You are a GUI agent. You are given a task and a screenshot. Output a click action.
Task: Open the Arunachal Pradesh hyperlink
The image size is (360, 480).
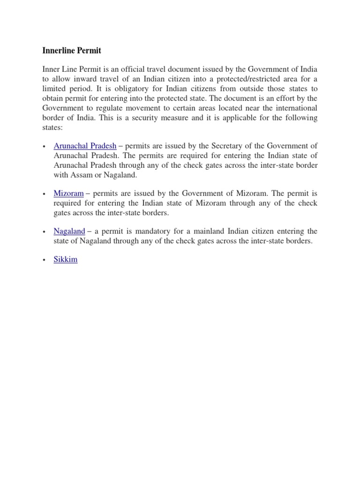pyautogui.click(x=85, y=146)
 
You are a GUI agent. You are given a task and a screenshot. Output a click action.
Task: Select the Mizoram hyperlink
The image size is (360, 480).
pyautogui.click(x=68, y=193)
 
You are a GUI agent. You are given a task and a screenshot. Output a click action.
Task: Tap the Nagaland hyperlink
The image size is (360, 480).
pyautogui.click(x=69, y=231)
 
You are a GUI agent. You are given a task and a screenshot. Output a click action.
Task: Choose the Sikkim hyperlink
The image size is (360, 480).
pyautogui.click(x=66, y=259)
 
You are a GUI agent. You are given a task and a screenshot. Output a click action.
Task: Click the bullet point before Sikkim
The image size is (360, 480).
pyautogui.click(x=44, y=260)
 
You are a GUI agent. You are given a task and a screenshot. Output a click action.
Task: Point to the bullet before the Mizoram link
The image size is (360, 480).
pyautogui.click(x=44, y=194)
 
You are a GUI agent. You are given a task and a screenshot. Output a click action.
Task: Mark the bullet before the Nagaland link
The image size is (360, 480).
pyautogui.click(x=44, y=232)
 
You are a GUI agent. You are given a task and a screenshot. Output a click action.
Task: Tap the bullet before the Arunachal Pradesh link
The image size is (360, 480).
pyautogui.click(x=44, y=146)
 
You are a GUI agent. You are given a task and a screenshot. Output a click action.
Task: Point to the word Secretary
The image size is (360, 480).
pyautogui.click(x=217, y=146)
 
